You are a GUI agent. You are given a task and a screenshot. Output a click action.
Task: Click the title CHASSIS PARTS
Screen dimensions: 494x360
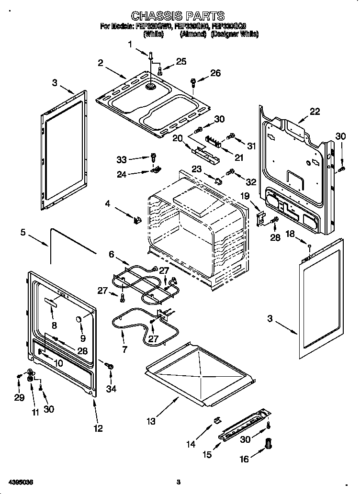(x=178, y=16)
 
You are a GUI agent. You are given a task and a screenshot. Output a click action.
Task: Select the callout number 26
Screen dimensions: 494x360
(x=215, y=73)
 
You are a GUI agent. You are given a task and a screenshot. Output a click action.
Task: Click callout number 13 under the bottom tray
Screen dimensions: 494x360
(x=151, y=421)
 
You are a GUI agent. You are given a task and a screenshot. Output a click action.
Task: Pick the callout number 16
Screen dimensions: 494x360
(x=244, y=459)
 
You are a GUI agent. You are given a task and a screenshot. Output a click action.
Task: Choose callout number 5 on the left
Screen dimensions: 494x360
(x=22, y=233)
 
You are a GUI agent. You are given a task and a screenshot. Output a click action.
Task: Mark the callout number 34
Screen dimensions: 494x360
(x=111, y=389)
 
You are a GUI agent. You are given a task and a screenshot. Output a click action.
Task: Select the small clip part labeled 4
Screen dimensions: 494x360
(x=137, y=220)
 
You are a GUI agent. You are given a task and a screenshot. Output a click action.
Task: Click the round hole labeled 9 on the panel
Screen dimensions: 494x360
(x=78, y=319)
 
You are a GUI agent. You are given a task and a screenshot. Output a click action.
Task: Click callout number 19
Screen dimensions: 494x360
(x=245, y=195)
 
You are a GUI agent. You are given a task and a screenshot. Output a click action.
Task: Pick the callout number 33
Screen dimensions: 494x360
(x=123, y=159)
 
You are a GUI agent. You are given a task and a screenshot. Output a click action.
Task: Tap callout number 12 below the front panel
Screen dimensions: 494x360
(x=98, y=428)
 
